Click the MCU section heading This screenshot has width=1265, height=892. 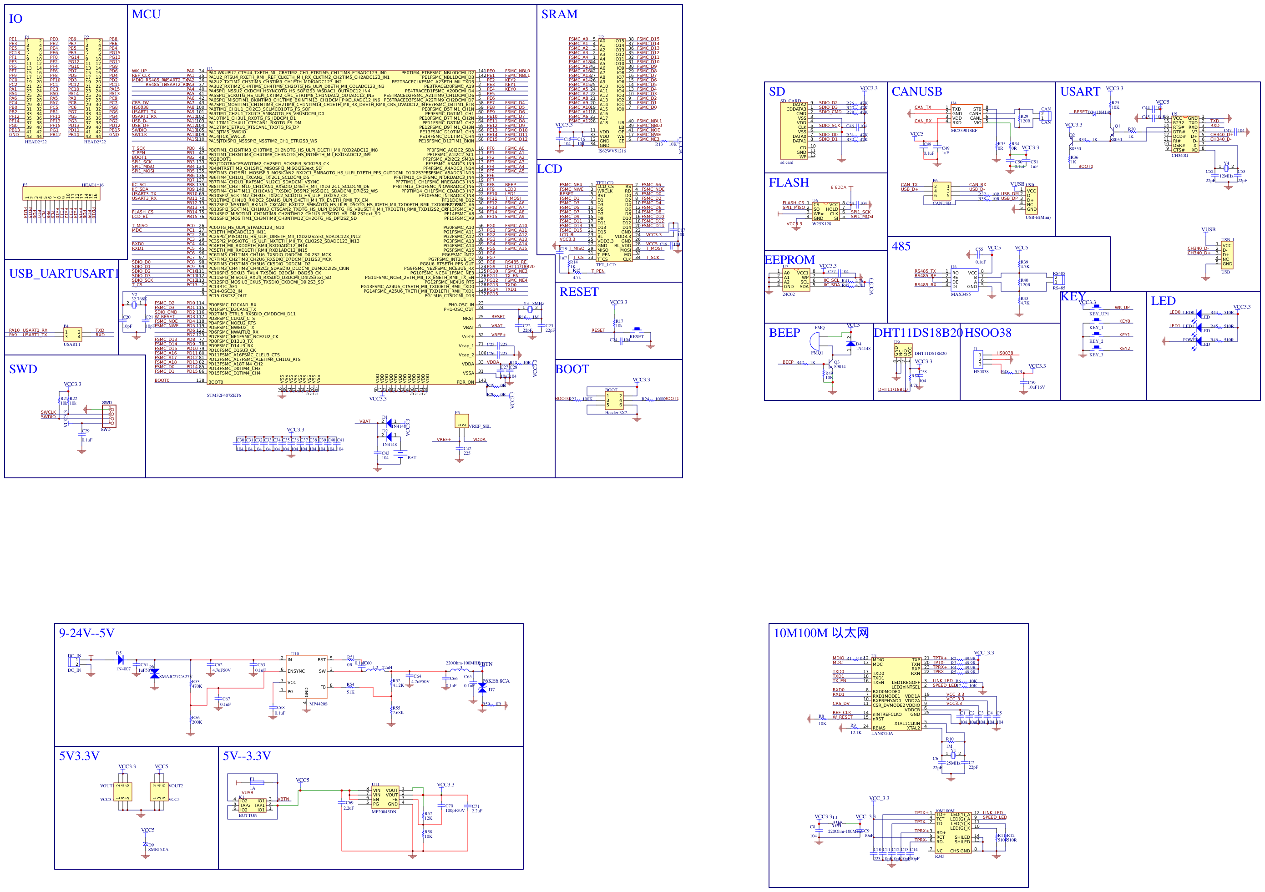click(x=146, y=14)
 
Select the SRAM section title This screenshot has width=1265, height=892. click(x=559, y=14)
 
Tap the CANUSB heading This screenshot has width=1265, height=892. click(x=917, y=91)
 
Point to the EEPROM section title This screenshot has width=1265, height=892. click(x=789, y=259)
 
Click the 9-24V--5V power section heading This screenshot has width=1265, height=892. click(x=86, y=633)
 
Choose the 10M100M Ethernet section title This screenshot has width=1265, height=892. click(x=821, y=633)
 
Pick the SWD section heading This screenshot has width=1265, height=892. click(x=23, y=369)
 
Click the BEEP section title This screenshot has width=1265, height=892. click(x=784, y=333)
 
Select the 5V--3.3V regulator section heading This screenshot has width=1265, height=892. click(x=246, y=756)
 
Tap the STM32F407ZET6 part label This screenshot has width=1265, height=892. click(x=224, y=395)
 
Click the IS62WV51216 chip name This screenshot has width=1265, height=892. click(x=612, y=151)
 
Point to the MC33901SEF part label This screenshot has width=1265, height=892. click(x=964, y=131)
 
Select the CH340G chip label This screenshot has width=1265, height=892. click(x=1179, y=155)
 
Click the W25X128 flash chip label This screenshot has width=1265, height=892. click(x=821, y=224)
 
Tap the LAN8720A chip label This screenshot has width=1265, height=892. click(x=882, y=733)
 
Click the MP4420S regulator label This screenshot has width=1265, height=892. click(x=318, y=704)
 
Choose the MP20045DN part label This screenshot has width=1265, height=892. click(x=384, y=811)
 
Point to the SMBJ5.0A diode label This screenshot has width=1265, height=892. click(x=158, y=850)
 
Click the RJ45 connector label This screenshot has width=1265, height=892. click(x=939, y=856)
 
